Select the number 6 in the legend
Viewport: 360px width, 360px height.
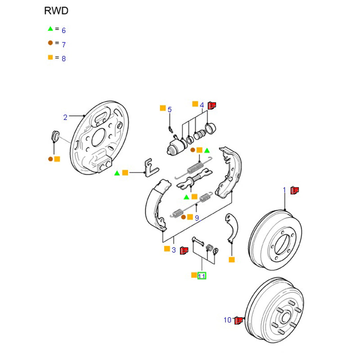click(63, 31)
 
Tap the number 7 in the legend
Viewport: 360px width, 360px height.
click(63, 45)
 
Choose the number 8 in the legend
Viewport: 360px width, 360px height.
click(63, 58)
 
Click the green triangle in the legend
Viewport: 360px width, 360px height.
click(50, 29)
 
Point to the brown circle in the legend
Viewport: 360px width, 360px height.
click(50, 43)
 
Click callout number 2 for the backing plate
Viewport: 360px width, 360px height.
click(65, 118)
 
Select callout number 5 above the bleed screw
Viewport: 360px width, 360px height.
click(170, 109)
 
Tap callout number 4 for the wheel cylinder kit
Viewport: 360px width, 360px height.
click(202, 105)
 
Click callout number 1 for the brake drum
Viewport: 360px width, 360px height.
click(284, 190)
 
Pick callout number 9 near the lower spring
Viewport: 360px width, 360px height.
click(197, 218)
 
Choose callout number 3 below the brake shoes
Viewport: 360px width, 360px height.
click(173, 250)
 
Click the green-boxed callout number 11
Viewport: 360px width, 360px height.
click(202, 276)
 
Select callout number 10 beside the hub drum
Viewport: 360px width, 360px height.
click(228, 320)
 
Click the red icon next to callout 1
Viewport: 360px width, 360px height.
click(295, 190)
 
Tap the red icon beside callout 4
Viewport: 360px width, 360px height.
click(212, 105)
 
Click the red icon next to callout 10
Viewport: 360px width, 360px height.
click(239, 320)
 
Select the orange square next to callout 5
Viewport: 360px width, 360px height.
click(163, 108)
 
